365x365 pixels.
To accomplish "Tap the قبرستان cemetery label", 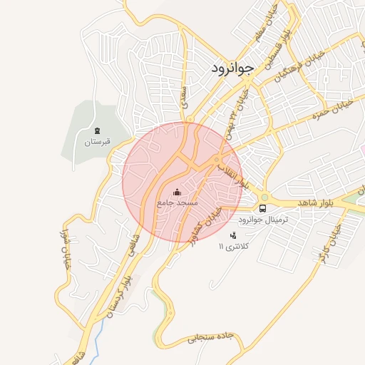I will coord(98,143).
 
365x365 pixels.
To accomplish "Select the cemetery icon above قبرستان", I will coord(98,130).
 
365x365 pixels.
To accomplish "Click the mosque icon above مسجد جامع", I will coord(177,192).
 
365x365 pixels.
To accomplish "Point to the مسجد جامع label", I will coord(177,204).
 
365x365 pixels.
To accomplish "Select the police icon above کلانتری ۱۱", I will coord(232,235).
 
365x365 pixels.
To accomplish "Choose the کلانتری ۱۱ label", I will coord(233,247).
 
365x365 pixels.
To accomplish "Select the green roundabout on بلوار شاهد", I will coord(264,197).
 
